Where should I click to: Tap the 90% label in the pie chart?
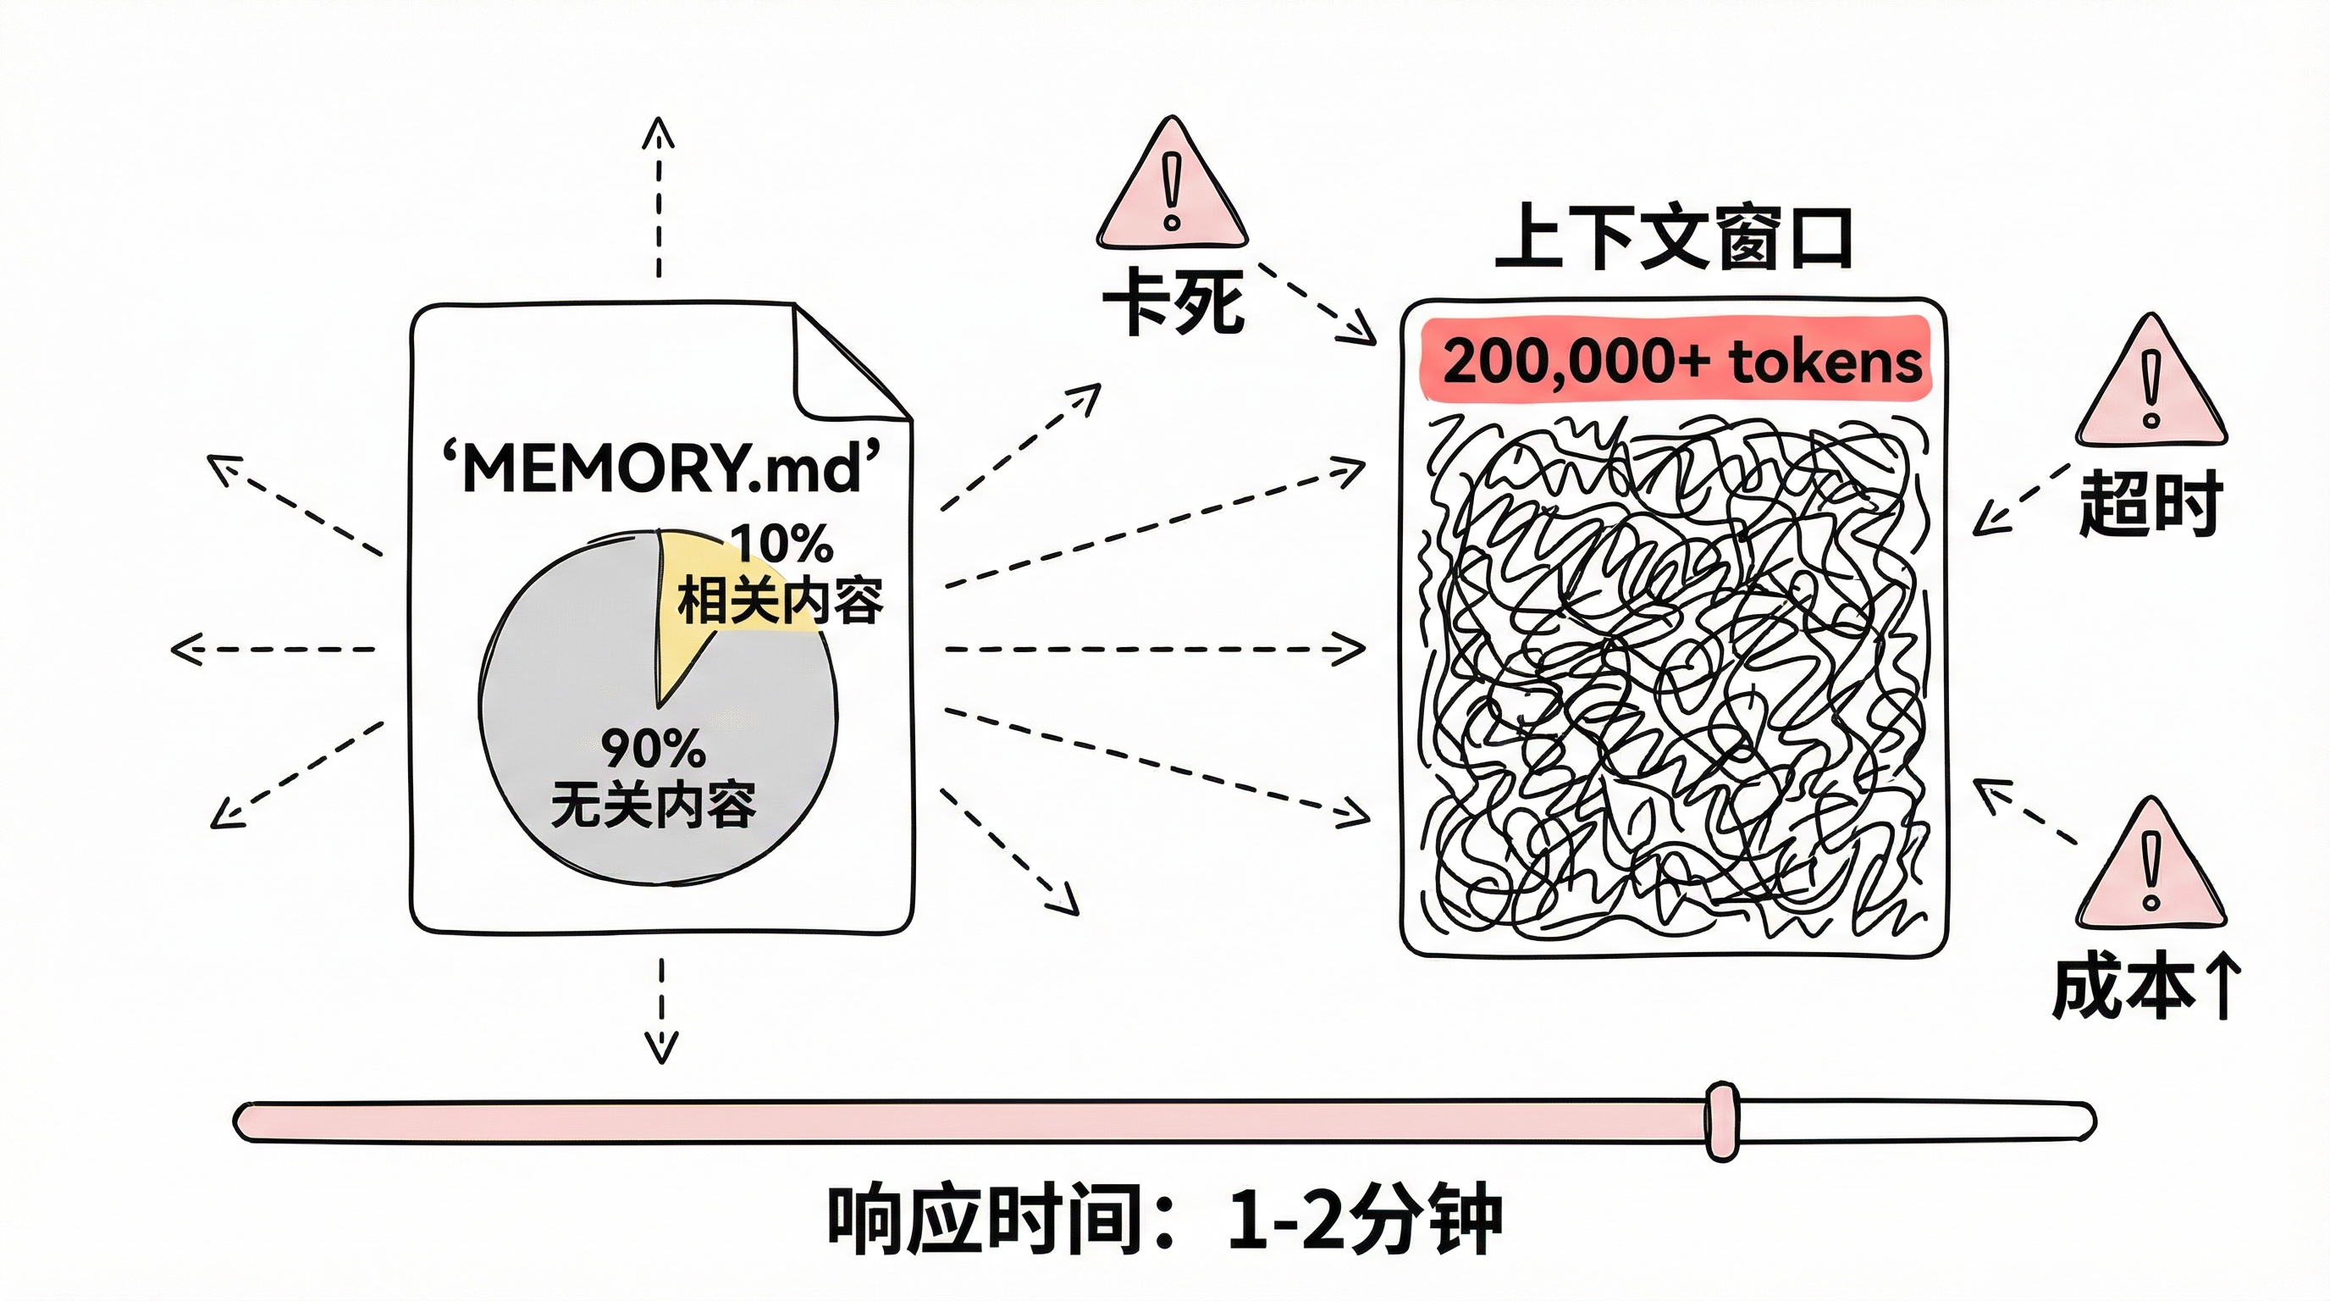pyautogui.click(x=652, y=748)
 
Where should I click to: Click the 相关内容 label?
pyautogui.click(x=780, y=601)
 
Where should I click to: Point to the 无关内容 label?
pyautogui.click(x=652, y=805)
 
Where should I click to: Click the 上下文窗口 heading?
pyautogui.click(x=1673, y=239)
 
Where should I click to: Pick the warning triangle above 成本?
pyautogui.click(x=2151, y=867)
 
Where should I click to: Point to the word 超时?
pyautogui.click(x=2149, y=503)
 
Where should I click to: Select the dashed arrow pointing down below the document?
pyautogui.click(x=662, y=1009)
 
